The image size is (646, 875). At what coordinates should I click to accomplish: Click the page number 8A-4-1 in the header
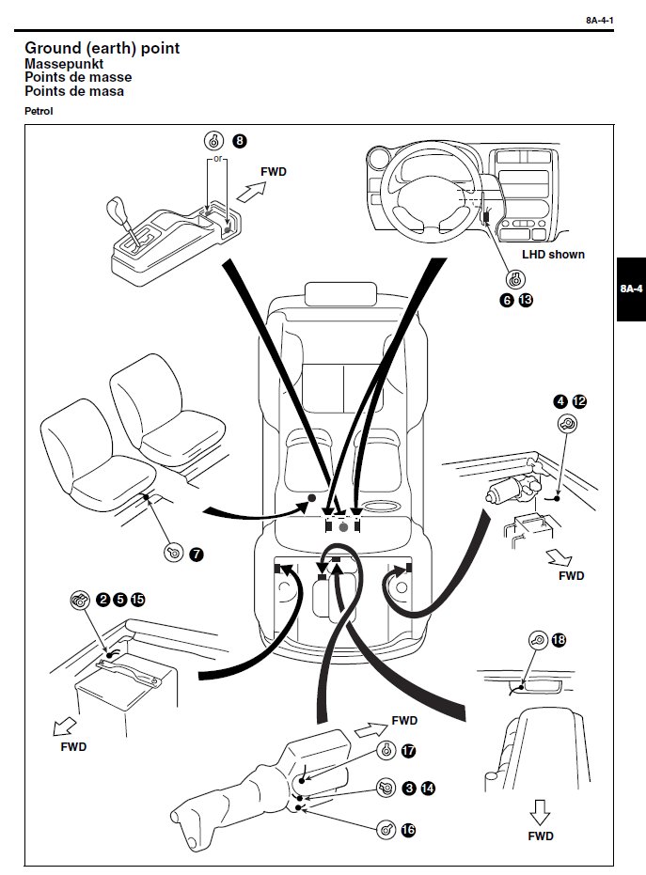point(599,19)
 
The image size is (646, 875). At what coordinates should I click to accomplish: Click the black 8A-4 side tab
point(631,289)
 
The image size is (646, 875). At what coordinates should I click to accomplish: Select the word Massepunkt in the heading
point(63,63)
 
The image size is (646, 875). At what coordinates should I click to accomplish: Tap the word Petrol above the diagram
point(39,111)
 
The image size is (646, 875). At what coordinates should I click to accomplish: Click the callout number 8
point(240,141)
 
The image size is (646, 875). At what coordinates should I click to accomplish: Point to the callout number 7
point(196,554)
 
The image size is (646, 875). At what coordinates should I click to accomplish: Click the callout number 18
point(559,640)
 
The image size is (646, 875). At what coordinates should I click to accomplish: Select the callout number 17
point(408,750)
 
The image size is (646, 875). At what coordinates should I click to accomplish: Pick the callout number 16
point(407,830)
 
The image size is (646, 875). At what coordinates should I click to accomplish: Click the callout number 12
point(579,401)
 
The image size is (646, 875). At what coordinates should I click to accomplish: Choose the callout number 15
point(138,599)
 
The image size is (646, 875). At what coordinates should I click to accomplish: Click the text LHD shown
point(554,255)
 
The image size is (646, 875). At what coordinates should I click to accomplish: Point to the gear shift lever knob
point(119,208)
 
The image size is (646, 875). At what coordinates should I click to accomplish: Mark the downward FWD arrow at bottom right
point(540,810)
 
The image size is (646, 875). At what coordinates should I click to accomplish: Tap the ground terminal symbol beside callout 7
point(173,553)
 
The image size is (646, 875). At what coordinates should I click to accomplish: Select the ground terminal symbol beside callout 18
point(538,640)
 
